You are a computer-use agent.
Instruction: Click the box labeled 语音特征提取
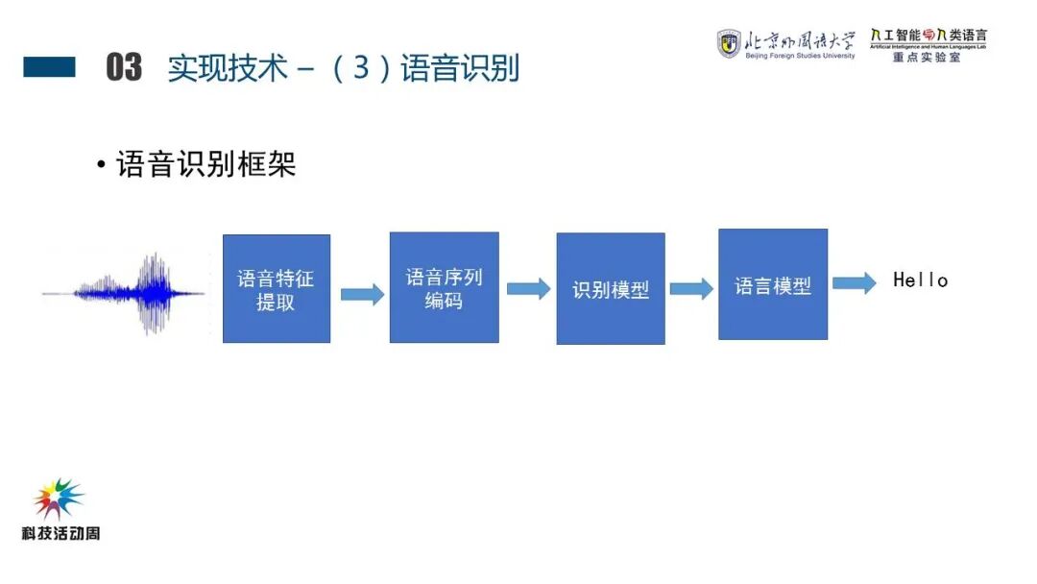pyautogui.click(x=277, y=289)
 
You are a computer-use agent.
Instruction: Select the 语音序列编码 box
pyautogui.click(x=444, y=287)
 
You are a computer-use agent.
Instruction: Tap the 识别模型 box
pyautogui.click(x=611, y=289)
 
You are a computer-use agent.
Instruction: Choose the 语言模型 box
pyautogui.click(x=773, y=284)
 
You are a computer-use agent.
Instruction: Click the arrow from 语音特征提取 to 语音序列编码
pyautogui.click(x=361, y=294)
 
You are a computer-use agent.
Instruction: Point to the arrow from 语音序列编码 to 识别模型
pyautogui.click(x=528, y=288)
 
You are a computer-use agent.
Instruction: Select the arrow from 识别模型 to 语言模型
pyautogui.click(x=691, y=288)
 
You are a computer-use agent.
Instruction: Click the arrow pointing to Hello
pyautogui.click(x=854, y=282)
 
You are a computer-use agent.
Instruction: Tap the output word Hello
pyautogui.click(x=921, y=280)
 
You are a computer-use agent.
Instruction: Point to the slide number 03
pyautogui.click(x=124, y=68)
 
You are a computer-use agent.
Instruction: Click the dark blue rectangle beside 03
pyautogui.click(x=49, y=67)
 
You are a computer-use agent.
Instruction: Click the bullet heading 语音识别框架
pyautogui.click(x=205, y=164)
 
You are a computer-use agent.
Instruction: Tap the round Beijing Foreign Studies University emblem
pyautogui.click(x=729, y=43)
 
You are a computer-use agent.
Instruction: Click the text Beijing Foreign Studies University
pyautogui.click(x=800, y=57)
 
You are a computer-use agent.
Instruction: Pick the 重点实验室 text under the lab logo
pyautogui.click(x=927, y=57)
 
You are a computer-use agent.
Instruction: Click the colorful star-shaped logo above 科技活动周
pyautogui.click(x=59, y=499)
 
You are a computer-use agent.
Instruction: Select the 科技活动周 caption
pyautogui.click(x=60, y=533)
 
